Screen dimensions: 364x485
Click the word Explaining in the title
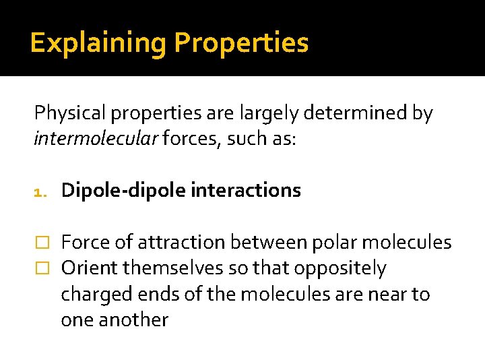pyautogui.click(x=99, y=43)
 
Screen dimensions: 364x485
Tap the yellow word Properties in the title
pyautogui.click(x=241, y=43)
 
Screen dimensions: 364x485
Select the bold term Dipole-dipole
pyautogui.click(x=124, y=191)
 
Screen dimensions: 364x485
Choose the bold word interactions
pyautogui.click(x=246, y=191)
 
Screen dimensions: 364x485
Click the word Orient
pyautogui.click(x=87, y=268)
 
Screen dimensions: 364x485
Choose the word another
pyautogui.click(x=133, y=320)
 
